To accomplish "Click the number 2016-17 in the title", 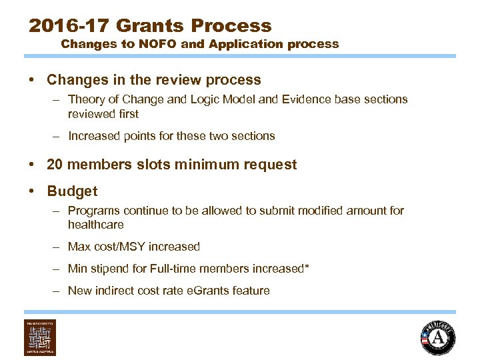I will pyautogui.click(x=69, y=26).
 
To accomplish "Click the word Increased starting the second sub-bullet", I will pyautogui.click(x=94, y=136).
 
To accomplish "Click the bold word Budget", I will pyautogui.click(x=72, y=191).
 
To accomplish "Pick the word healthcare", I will pyautogui.click(x=96, y=225).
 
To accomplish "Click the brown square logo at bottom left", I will pyautogui.click(x=40, y=337).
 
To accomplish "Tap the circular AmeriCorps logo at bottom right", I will pyautogui.click(x=437, y=338).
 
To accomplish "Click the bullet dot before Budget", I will pyautogui.click(x=32, y=191).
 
